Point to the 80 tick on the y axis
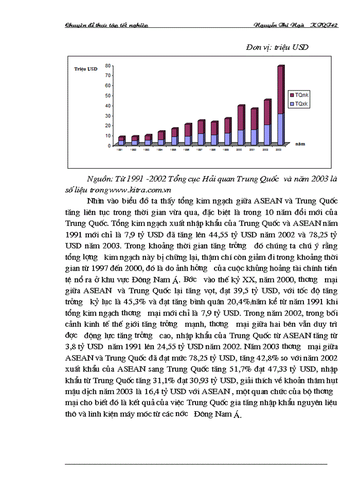pyautogui.click(x=108, y=66)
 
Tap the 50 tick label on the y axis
pyautogui.click(x=108, y=96)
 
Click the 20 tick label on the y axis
pyautogui.click(x=108, y=126)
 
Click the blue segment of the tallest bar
pyautogui.click(x=280, y=129)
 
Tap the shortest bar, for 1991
pyautogui.click(x=121, y=140)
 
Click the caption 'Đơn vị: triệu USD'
pyautogui.click(x=277, y=47)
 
